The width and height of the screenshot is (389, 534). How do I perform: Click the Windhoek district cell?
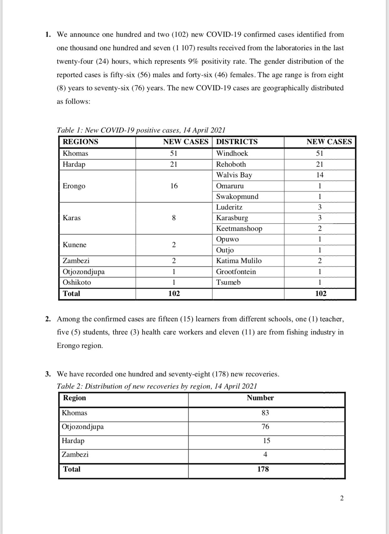(x=232, y=153)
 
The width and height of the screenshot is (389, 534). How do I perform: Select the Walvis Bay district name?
(x=234, y=175)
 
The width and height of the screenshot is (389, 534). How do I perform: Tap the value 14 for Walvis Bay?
(x=320, y=175)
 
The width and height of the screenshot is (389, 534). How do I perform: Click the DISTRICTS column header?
(x=237, y=142)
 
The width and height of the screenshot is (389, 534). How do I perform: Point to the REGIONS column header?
(x=80, y=142)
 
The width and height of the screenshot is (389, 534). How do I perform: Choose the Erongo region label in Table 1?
(x=74, y=186)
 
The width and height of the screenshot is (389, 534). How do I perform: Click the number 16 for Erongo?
(x=174, y=186)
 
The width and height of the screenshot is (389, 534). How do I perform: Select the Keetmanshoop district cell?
(x=239, y=228)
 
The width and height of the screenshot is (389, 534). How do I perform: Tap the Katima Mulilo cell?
(x=239, y=261)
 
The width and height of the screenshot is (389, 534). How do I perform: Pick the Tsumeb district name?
(x=228, y=282)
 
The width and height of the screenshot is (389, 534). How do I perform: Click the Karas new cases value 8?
(x=174, y=218)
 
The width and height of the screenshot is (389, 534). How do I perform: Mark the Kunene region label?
(x=75, y=245)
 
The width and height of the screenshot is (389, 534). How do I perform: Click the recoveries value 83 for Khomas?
(x=265, y=413)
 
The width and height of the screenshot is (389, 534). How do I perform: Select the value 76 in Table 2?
(x=265, y=427)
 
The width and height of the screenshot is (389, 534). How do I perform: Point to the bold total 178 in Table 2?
(x=263, y=469)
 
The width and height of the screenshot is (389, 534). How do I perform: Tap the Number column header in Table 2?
(x=260, y=398)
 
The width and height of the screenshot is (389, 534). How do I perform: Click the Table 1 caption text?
(x=141, y=130)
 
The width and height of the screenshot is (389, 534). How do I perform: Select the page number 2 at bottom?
(x=342, y=498)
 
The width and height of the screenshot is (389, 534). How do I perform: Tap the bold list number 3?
(x=48, y=374)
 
